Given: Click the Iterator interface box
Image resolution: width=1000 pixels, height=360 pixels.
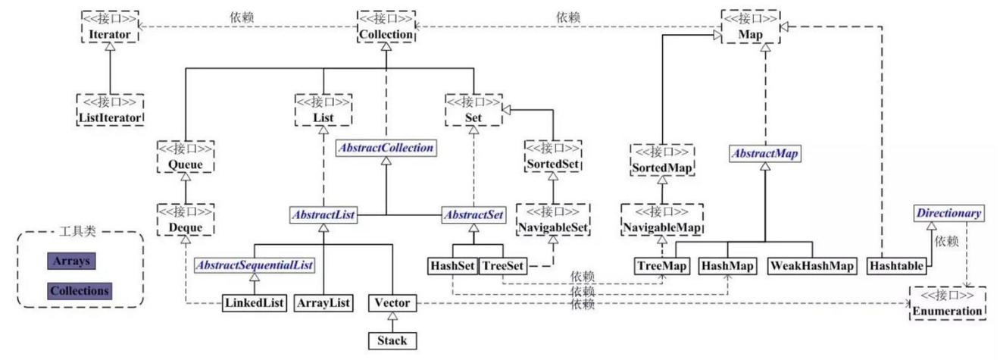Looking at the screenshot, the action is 110,27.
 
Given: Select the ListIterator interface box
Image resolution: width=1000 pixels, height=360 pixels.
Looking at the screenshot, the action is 111,110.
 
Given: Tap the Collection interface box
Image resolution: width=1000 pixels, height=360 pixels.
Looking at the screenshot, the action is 386,27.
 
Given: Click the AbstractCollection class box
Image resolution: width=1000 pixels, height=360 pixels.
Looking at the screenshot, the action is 386,148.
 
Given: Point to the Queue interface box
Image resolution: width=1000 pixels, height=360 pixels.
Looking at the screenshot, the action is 186,157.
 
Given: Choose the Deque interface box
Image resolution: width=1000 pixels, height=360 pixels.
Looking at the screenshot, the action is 186,220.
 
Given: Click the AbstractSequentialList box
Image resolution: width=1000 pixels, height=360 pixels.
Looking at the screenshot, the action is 255,265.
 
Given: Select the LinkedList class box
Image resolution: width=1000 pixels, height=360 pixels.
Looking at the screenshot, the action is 255,303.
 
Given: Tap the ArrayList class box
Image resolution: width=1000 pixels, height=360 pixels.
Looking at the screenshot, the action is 323,303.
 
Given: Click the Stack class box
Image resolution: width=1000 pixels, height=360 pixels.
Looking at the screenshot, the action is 392,341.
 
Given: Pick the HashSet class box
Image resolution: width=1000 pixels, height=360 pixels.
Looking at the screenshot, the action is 452,266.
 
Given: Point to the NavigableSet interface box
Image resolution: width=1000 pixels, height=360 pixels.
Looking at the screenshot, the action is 553,220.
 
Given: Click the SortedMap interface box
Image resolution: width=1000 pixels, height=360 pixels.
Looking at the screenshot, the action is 662,160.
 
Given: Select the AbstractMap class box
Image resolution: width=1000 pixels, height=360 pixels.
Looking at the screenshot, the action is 765,154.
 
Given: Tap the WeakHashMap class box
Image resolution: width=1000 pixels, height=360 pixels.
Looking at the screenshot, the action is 812,266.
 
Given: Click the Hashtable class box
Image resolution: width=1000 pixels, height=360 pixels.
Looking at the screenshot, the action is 897,266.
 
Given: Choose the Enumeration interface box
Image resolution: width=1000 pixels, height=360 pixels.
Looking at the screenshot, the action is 947,303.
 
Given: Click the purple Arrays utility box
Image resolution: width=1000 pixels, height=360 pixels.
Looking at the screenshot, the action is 71,261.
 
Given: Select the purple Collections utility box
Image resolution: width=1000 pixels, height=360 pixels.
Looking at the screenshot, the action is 80,291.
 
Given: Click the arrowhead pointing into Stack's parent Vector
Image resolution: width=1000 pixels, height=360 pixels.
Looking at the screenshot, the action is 392,316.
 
